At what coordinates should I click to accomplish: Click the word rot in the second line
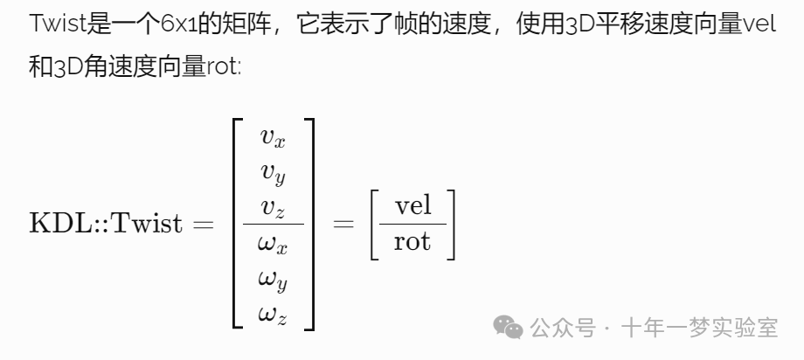pos(222,67)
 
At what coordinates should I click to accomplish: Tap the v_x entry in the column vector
pos(273,136)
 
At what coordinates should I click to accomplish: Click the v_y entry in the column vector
pos(273,173)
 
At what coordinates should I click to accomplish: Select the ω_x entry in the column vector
pos(273,245)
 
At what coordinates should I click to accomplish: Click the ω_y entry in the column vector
pos(273,280)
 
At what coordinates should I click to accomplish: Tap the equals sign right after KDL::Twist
pos(203,224)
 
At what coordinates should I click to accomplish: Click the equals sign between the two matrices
pos(343,224)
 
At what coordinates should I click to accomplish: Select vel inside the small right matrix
pos(412,206)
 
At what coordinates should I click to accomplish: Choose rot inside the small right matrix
pos(412,241)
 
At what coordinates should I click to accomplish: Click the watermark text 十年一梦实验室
pos(699,329)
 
